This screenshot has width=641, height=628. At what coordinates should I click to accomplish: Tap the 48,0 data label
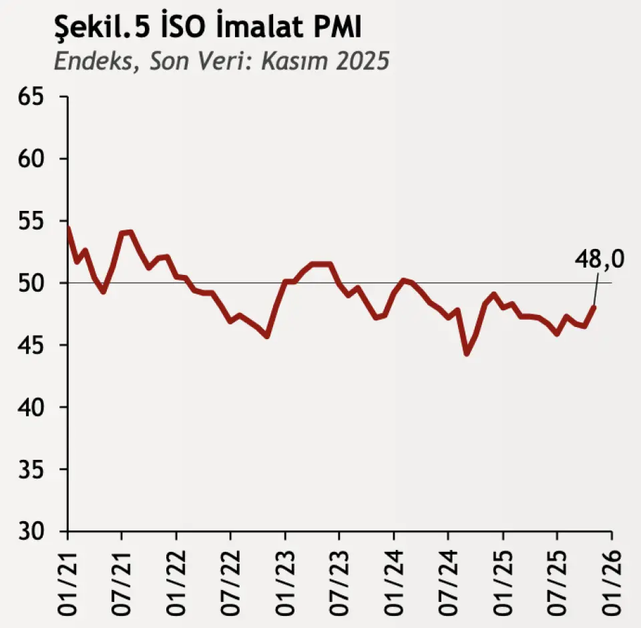[600, 259]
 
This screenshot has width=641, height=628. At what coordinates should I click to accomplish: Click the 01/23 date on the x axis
[286, 579]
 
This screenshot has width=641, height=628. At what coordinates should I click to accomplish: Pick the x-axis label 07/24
[449, 579]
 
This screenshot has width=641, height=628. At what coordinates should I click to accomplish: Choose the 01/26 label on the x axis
[612, 579]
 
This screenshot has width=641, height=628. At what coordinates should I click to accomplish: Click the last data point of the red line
[594, 307]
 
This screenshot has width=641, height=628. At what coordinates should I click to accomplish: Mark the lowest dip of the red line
[467, 353]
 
